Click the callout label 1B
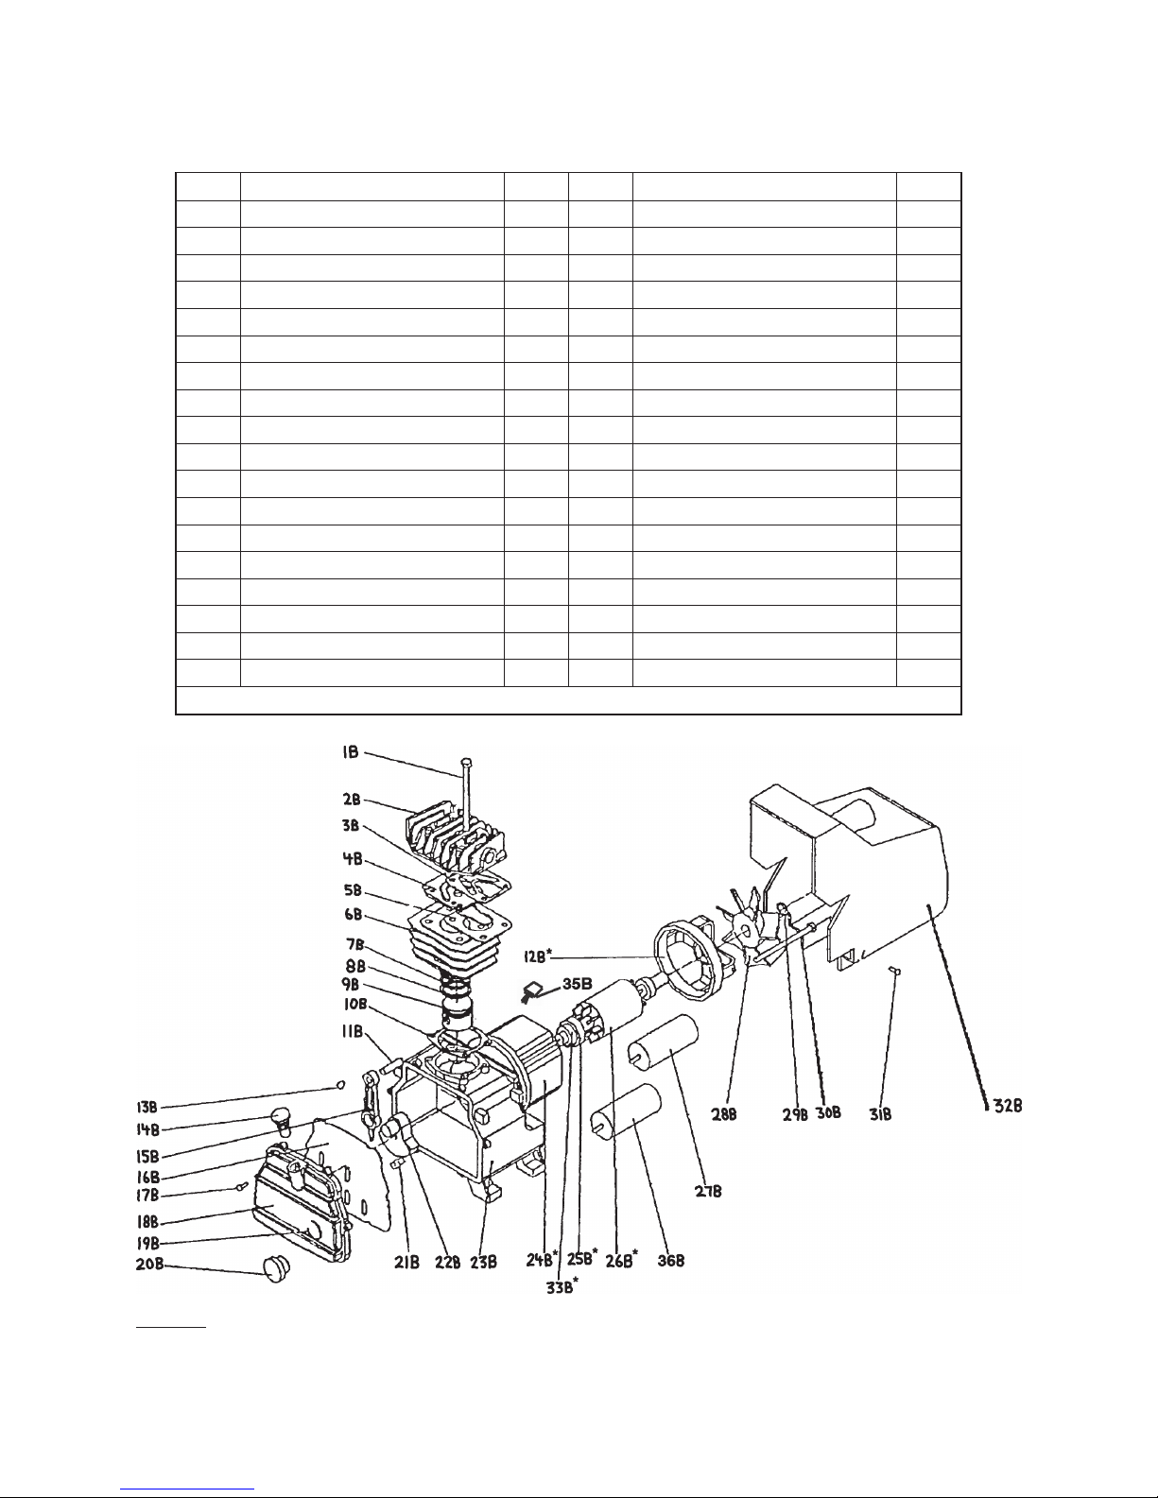350,752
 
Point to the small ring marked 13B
340,1084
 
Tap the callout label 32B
1008,1106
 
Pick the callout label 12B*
538,956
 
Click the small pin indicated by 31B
895,971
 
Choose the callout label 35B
577,984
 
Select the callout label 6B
354,914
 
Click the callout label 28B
724,1114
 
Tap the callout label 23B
483,1263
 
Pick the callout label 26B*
621,1260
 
